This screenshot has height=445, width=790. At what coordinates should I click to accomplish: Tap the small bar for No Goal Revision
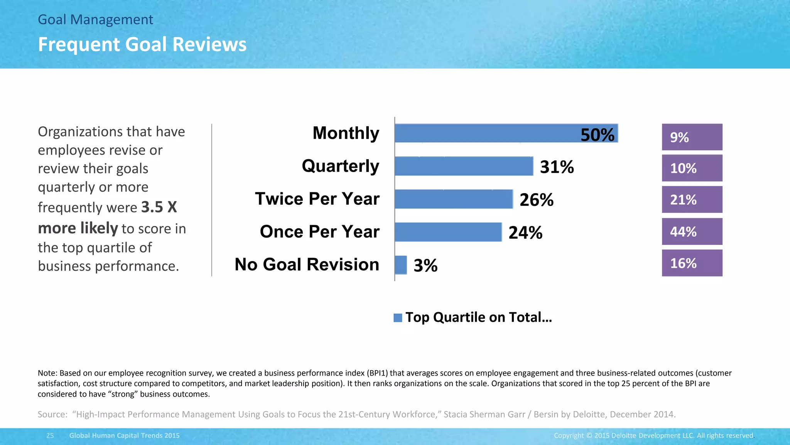[x=401, y=265]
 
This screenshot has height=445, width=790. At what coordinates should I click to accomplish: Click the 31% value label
[x=557, y=167]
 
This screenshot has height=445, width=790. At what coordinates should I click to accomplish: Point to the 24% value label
[x=525, y=233]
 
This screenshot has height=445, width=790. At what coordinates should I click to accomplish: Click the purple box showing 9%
[x=692, y=137]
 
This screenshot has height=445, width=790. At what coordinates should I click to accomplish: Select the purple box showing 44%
[x=692, y=231]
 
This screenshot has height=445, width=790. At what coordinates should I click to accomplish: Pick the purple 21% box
[x=692, y=199]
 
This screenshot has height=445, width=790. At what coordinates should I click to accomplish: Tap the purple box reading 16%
[x=692, y=263]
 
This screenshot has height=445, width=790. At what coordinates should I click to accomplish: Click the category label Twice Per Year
[x=317, y=199]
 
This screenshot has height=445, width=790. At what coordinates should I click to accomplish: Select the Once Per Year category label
[x=319, y=232]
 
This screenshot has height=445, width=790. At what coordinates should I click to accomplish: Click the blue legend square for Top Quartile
[x=398, y=318]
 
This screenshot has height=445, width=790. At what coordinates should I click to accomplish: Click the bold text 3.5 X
[x=159, y=207]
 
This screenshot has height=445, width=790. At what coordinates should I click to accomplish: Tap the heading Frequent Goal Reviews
[x=142, y=44]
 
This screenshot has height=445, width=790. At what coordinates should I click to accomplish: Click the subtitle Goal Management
[x=95, y=20]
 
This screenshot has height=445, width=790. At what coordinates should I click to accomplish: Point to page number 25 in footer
[x=50, y=435]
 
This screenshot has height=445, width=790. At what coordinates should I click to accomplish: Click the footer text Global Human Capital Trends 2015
[x=124, y=435]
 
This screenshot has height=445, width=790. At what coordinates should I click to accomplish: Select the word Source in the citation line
[x=52, y=414]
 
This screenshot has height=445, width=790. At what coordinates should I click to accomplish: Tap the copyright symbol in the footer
[x=589, y=436]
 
